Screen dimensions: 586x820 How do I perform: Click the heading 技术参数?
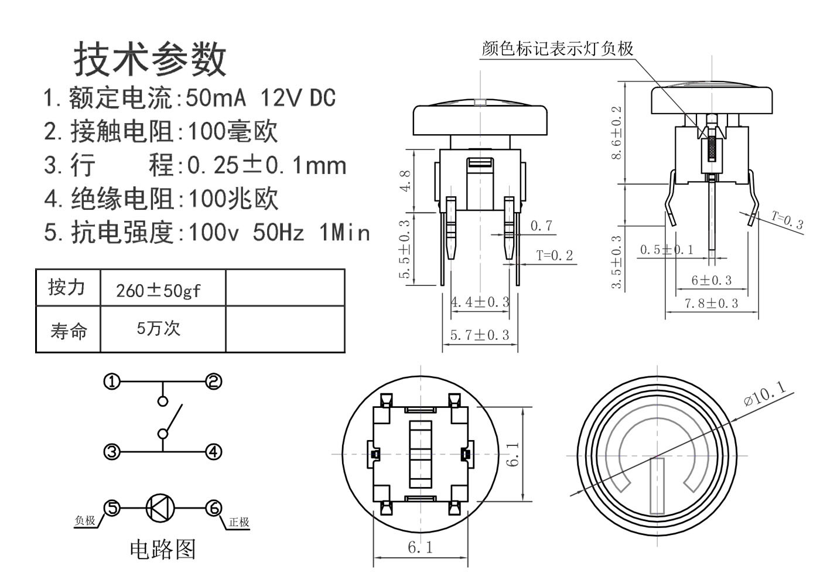tap(150, 59)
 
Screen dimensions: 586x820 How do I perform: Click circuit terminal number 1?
tap(111, 382)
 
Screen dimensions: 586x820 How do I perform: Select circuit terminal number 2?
tap(214, 381)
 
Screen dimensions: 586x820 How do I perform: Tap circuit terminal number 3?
tap(111, 452)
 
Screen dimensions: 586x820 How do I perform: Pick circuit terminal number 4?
tap(214, 452)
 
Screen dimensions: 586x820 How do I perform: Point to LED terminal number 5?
tap(111, 507)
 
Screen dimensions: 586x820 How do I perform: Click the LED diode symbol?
tap(159, 507)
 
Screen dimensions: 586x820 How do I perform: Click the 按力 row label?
tap(67, 288)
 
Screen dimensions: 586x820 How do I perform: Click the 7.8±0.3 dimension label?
tap(711, 304)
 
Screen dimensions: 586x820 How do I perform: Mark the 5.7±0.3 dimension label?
tap(480, 335)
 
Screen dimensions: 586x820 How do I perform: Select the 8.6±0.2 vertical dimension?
tap(616, 133)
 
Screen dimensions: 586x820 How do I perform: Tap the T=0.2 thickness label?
tap(554, 255)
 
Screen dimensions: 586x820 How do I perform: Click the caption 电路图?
tap(162, 549)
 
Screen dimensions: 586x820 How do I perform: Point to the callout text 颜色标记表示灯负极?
tap(557, 49)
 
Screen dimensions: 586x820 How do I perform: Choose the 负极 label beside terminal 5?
tap(85, 520)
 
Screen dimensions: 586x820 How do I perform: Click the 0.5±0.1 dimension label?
tap(667, 250)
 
